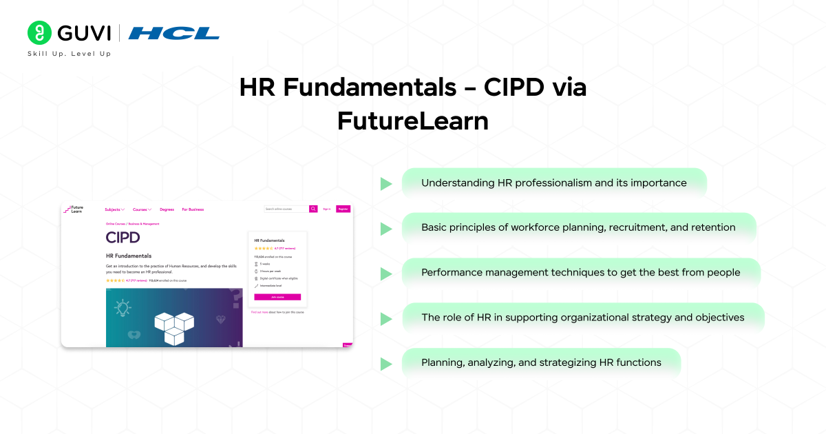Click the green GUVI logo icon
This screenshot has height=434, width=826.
(x=40, y=32)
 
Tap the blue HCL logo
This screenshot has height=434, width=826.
(x=173, y=33)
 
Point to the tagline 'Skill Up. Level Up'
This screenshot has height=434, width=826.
(x=69, y=54)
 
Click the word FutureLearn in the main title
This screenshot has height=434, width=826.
(x=412, y=121)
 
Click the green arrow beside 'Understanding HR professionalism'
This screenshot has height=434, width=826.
(x=386, y=183)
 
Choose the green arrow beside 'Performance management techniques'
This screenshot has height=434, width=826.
(x=386, y=273)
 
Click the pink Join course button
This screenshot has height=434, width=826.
(x=277, y=297)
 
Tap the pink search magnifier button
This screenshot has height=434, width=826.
(x=313, y=209)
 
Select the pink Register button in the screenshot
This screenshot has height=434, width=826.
(x=343, y=209)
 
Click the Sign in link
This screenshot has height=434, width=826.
(x=326, y=209)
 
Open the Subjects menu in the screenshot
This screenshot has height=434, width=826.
(x=114, y=209)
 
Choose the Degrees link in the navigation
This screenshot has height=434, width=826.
(x=167, y=209)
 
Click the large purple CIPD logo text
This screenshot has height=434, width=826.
(x=123, y=238)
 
